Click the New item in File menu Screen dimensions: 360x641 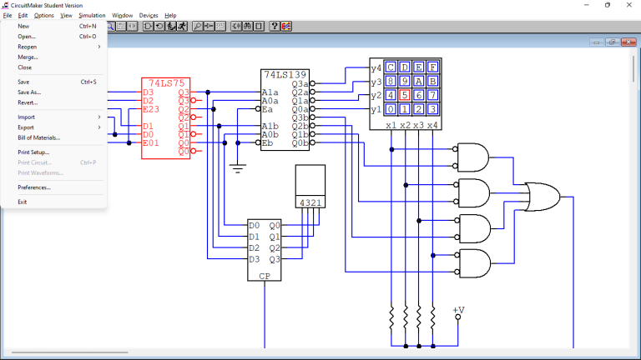click(x=23, y=26)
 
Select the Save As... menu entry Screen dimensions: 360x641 click(x=29, y=92)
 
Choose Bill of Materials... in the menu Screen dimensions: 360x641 click(x=39, y=137)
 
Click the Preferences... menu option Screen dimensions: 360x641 click(x=34, y=187)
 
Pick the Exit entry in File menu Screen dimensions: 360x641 click(x=23, y=202)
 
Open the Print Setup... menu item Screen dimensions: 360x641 click(x=33, y=152)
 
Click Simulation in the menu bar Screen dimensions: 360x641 click(x=92, y=15)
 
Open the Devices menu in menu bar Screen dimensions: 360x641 click(x=149, y=15)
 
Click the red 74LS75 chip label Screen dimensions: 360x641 click(x=165, y=82)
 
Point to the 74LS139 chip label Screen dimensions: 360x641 click(x=285, y=73)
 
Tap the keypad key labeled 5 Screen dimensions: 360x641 click(x=405, y=95)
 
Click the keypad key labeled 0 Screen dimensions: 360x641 click(x=391, y=109)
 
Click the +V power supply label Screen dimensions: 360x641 click(x=458, y=311)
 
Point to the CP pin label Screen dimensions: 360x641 click(x=265, y=276)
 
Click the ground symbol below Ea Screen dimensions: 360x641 click(x=238, y=168)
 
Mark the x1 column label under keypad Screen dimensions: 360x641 click(x=391, y=125)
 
